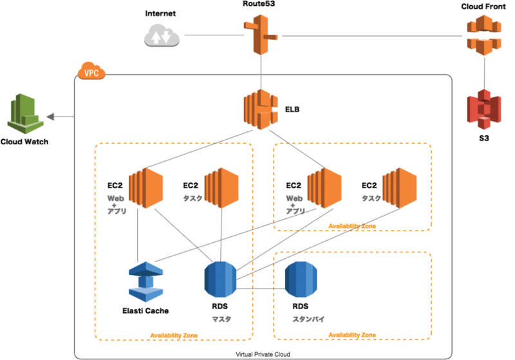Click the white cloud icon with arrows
click(162, 35)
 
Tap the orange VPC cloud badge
click(91, 71)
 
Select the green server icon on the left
click(25, 114)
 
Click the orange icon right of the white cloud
click(260, 34)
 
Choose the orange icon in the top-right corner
click(483, 35)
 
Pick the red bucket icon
click(483, 109)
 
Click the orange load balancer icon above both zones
click(261, 110)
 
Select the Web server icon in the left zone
click(145, 187)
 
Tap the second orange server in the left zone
click(221, 187)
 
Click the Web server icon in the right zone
click(324, 187)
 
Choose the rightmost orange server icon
click(400, 187)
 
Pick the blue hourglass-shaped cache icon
click(146, 281)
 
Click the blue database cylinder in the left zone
click(220, 279)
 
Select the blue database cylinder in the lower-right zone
click(301, 279)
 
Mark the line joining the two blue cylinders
click(261, 288)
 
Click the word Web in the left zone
click(115, 198)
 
